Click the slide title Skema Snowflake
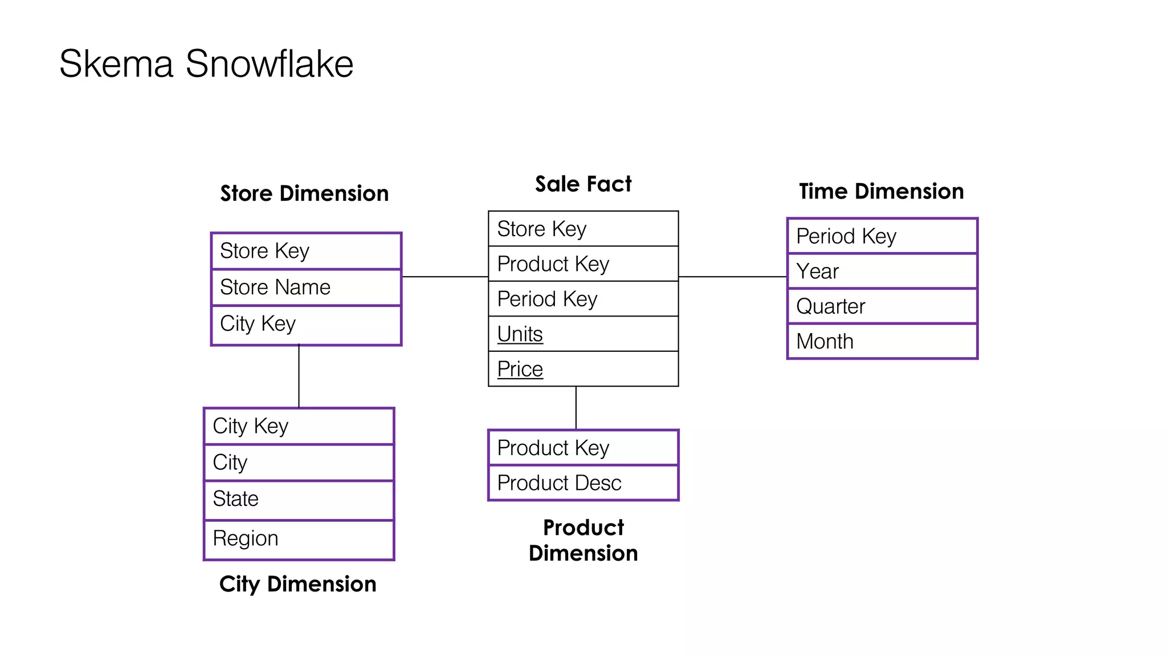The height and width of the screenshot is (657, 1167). pyautogui.click(x=206, y=63)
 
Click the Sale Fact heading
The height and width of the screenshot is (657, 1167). pyautogui.click(x=583, y=184)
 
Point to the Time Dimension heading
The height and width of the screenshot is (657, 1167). pyautogui.click(x=881, y=192)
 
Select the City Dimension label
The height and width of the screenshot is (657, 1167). pyautogui.click(x=297, y=584)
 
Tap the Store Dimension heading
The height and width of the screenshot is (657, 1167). pyautogui.click(x=304, y=194)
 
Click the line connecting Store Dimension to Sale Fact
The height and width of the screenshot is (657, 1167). pyautogui.click(x=444, y=277)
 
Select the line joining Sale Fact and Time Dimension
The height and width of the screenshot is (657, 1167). pyautogui.click(x=732, y=277)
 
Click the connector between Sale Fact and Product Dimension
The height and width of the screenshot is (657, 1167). pyautogui.click(x=576, y=408)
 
